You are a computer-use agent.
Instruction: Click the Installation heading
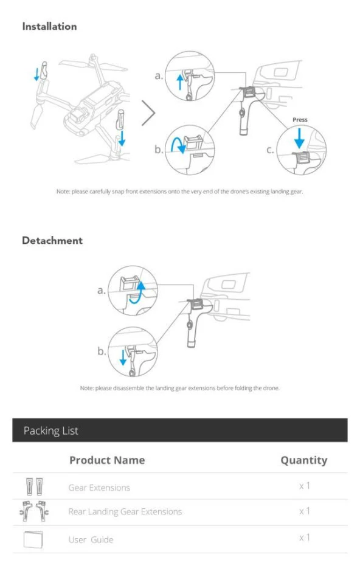(49, 27)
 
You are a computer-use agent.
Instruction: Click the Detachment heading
(52, 241)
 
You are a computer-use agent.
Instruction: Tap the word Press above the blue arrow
(300, 120)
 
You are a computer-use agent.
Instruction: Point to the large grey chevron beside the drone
(148, 113)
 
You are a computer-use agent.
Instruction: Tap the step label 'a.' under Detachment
(102, 291)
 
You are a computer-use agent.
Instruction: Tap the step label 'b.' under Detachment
(102, 352)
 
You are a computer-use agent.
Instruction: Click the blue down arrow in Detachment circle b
(123, 358)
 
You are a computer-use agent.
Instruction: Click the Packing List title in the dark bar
(51, 431)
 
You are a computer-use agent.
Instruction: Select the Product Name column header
(107, 460)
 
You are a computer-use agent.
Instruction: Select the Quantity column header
(303, 460)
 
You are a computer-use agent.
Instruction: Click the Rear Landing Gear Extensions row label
(125, 512)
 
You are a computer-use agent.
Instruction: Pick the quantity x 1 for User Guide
(304, 538)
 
